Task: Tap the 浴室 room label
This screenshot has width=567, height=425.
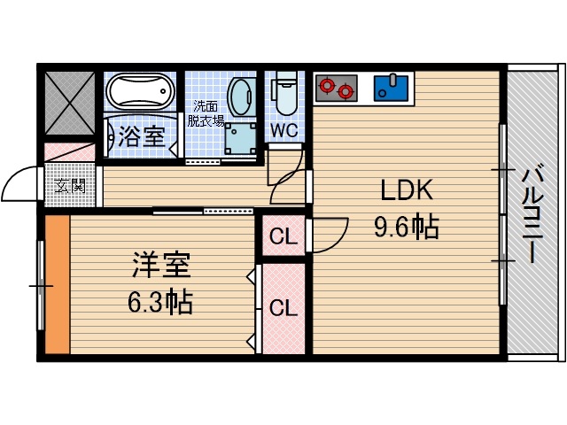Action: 141,136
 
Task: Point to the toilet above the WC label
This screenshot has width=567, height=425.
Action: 284,97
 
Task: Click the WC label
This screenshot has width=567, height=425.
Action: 283,130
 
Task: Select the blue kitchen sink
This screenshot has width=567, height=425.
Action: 391,88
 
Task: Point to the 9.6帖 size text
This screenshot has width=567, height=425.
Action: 406,228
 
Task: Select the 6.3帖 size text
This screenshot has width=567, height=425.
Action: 160,304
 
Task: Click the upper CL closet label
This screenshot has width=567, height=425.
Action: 282,237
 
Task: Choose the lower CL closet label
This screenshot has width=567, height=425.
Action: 282,308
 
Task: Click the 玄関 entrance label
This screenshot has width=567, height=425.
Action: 70,187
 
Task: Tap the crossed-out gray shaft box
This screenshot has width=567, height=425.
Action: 68,103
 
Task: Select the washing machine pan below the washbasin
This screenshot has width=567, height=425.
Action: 239,139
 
